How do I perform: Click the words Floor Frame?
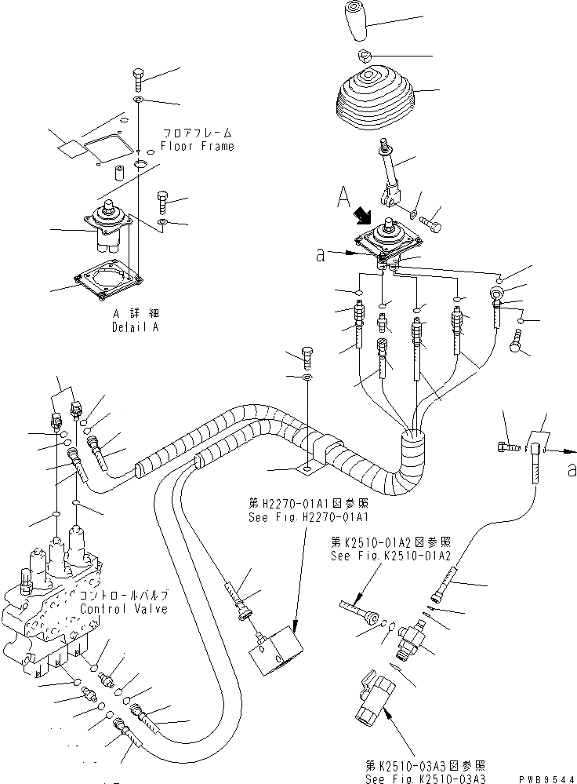(198, 146)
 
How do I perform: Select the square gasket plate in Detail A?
(107, 284)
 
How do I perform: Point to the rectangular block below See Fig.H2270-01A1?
(276, 649)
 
